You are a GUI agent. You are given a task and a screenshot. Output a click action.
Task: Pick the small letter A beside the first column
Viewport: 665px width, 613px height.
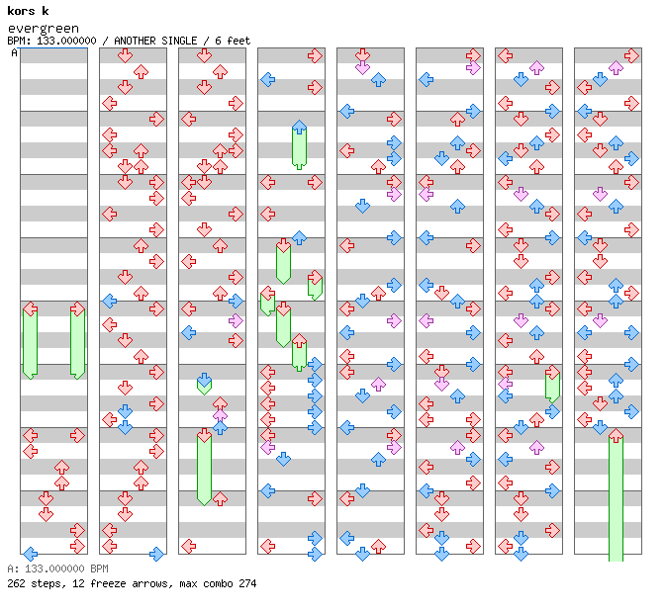14,52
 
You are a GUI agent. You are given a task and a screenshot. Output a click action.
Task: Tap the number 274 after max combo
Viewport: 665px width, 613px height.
247,583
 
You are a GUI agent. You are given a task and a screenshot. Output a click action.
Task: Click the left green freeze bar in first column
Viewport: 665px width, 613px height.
30,341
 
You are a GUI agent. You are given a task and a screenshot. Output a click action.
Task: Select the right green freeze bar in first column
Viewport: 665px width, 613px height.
77,341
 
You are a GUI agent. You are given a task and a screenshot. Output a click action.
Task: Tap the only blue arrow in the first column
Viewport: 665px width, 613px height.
30,554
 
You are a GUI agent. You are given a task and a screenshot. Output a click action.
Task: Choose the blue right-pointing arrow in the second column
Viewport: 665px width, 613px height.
156,554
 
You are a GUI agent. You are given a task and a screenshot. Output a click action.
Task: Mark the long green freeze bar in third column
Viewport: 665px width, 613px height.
204,467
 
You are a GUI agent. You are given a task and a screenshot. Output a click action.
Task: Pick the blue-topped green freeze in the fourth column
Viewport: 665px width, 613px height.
299,146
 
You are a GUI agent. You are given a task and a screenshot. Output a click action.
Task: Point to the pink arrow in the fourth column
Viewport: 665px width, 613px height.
267,447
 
